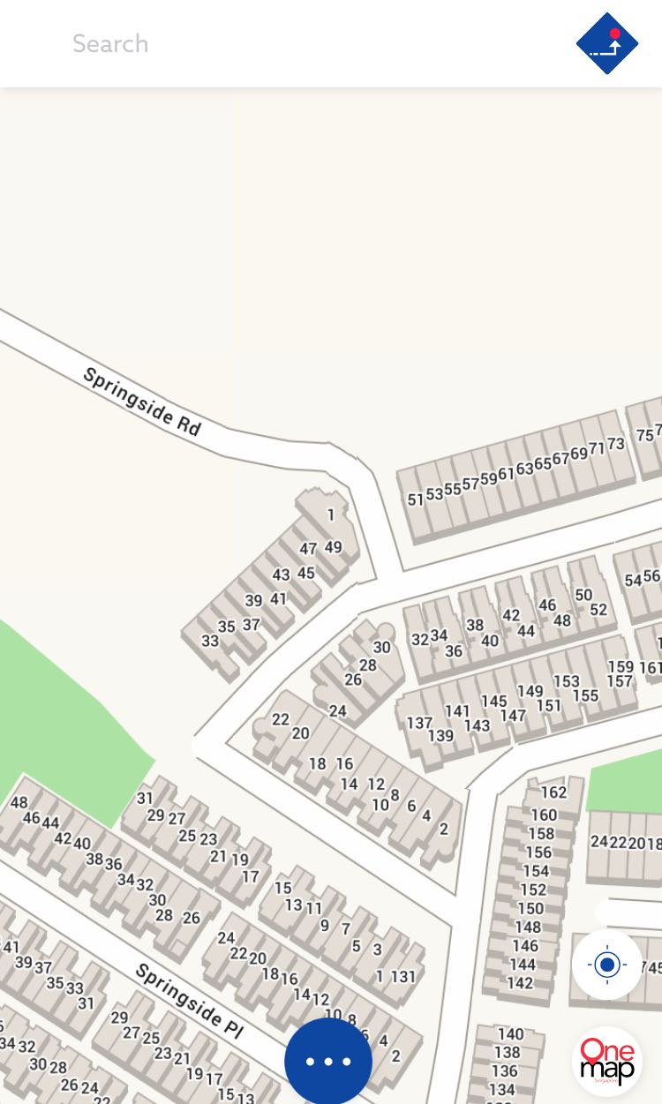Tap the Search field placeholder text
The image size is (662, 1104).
click(110, 43)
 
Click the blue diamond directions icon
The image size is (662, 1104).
click(607, 43)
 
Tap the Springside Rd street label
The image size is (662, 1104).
click(141, 402)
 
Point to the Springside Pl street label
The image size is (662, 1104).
click(188, 1000)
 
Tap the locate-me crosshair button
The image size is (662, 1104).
click(607, 965)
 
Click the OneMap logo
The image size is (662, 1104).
click(607, 1061)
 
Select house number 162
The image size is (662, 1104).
click(553, 792)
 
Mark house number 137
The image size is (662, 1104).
click(419, 723)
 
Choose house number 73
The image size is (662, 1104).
click(616, 444)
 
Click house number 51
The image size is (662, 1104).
click(416, 499)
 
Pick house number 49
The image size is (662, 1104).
click(333, 547)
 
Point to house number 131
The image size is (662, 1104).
click(403, 977)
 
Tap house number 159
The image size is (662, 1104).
click(621, 667)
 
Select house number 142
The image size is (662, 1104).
click(520, 983)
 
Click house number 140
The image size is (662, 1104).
click(510, 1034)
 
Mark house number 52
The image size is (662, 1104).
click(598, 610)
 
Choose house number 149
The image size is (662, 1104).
click(530, 691)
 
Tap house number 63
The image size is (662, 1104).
click(524, 469)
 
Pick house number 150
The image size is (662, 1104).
click(530, 908)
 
